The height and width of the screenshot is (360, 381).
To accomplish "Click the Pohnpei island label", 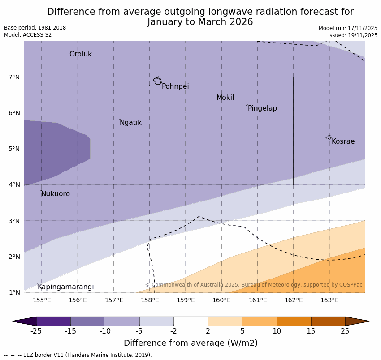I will coord(175,86).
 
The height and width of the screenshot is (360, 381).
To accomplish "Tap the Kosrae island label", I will coord(343,141).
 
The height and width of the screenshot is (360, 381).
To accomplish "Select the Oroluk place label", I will coord(81,54).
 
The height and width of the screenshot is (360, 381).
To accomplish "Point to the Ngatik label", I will coord(130,123).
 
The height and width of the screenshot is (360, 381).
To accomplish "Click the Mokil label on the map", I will coord(225,98).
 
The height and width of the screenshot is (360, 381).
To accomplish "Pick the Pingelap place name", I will coord(262,108).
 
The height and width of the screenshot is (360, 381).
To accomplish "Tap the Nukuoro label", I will coord(56,194).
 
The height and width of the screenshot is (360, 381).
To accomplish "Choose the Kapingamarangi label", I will coord(65,287).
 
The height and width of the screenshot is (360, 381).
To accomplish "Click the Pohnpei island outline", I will coord(157,81).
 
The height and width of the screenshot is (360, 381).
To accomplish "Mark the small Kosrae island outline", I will coord(329,137).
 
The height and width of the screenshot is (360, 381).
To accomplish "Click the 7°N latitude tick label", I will coord(14,77).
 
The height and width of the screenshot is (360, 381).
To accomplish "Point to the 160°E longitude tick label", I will coord(222,300).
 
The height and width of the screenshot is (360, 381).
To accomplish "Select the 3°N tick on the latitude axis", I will coord(14,221).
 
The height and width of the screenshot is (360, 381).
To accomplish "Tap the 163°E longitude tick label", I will coord(329,300).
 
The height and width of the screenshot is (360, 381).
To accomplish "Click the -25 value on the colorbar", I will coord(36,331).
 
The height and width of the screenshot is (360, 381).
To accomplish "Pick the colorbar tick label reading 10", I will coord(277,331).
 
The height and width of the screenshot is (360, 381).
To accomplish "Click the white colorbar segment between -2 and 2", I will coord(191,321).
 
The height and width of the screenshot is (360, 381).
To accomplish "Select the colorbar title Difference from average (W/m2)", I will coord(190,343).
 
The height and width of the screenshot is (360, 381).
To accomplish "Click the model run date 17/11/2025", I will coord(362,28).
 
